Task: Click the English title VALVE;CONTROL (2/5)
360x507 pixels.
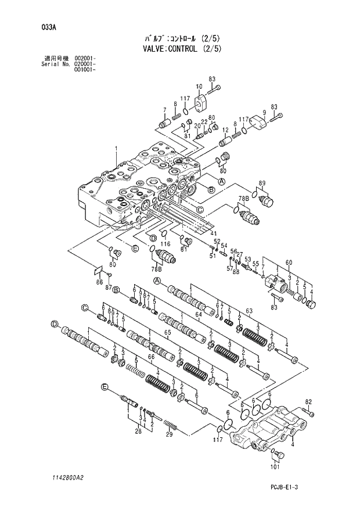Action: [x=182, y=49]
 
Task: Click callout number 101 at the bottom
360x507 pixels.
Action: [x=275, y=466]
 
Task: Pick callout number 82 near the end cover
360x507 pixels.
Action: [x=309, y=401]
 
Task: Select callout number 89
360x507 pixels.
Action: [x=262, y=184]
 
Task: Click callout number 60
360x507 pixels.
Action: [x=289, y=261]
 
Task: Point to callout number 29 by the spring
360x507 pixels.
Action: [x=170, y=434]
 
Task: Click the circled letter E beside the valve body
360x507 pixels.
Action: [x=135, y=249]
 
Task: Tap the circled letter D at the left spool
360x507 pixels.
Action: [x=53, y=323]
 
